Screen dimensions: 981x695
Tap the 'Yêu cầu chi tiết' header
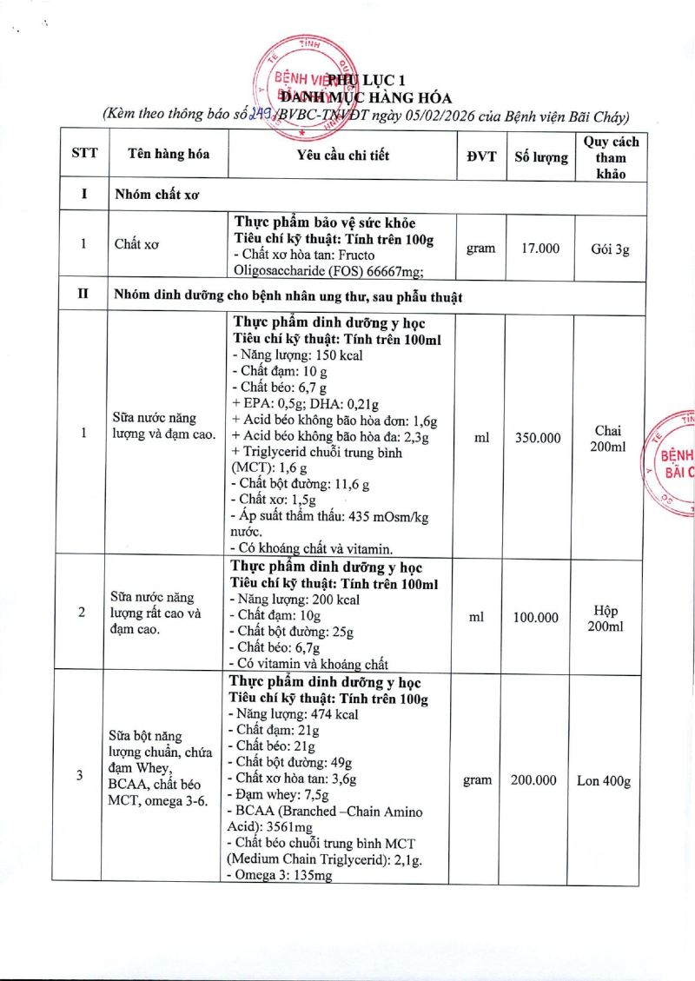click(x=342, y=156)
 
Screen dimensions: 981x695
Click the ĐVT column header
click(x=480, y=156)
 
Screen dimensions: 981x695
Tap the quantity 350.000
click(x=538, y=438)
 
